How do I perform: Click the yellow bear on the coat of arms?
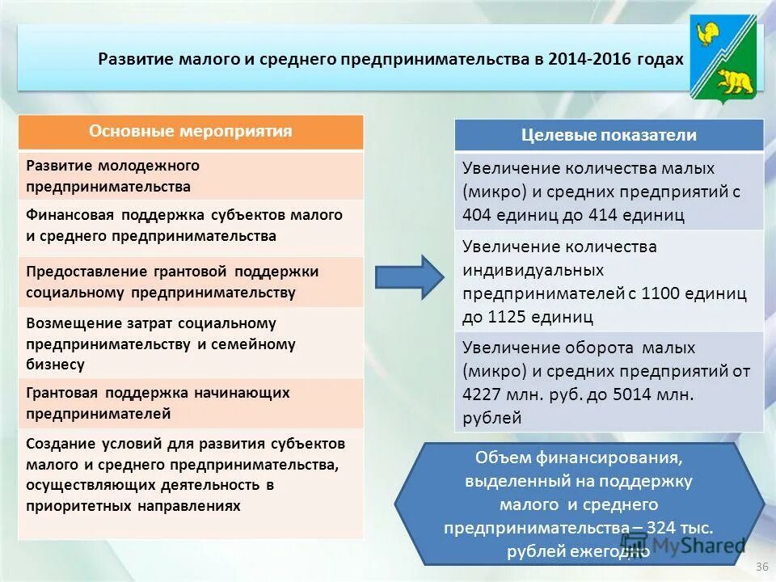(x=735, y=80)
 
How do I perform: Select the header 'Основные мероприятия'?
(x=191, y=131)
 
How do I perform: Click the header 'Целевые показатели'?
(x=609, y=135)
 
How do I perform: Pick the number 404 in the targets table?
(x=478, y=215)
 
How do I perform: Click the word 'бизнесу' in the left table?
(x=55, y=365)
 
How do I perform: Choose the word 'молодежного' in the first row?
(x=149, y=166)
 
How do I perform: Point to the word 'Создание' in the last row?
(x=61, y=444)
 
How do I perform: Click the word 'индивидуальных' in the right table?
(x=533, y=269)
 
